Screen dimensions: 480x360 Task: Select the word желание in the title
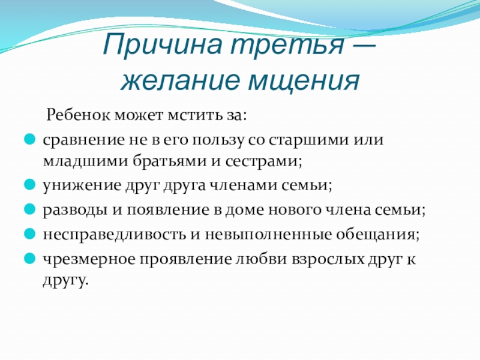180,80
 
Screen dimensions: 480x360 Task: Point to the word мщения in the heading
304,81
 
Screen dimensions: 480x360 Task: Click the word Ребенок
78,115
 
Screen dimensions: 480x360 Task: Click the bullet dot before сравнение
30,139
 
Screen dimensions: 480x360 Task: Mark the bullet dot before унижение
30,185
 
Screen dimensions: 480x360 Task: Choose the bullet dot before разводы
30,209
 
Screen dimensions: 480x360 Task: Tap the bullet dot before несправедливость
30,234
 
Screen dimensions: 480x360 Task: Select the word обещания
376,235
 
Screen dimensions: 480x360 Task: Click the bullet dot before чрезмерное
30,259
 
